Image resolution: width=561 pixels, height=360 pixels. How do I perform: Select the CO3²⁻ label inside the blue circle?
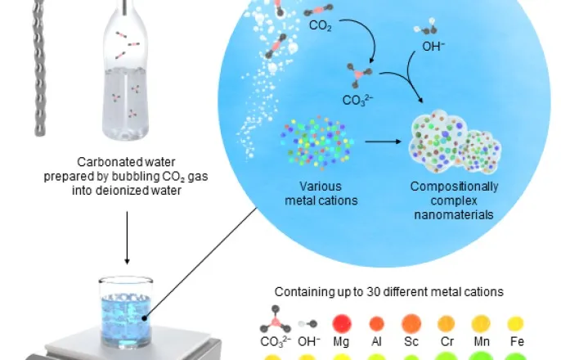[344, 102]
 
